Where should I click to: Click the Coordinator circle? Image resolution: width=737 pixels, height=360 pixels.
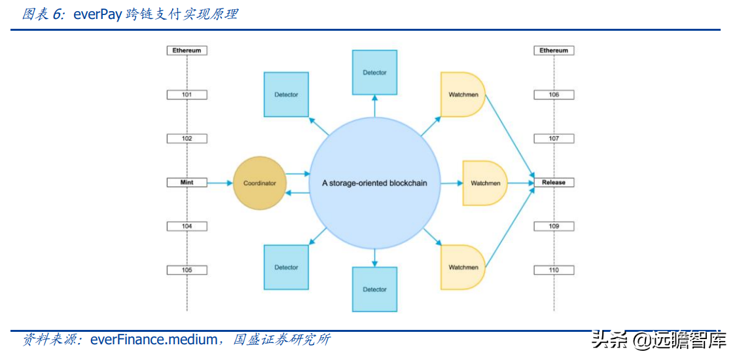[260, 183]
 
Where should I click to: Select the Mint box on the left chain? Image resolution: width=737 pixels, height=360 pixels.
[187, 183]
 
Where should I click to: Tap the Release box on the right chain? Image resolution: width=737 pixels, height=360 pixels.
[554, 183]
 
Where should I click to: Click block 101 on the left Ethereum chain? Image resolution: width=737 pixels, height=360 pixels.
[187, 95]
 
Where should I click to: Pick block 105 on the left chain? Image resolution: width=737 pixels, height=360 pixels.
[187, 270]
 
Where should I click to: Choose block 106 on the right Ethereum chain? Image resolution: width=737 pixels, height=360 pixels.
[554, 95]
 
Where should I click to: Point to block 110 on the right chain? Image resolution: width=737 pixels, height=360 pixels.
[554, 270]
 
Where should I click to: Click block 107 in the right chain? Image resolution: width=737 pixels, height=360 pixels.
[554, 139]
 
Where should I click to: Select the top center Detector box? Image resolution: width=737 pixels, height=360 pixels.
[374, 72]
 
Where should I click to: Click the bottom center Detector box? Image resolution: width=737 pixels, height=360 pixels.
[374, 289]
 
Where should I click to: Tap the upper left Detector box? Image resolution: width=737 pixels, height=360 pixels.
[286, 94]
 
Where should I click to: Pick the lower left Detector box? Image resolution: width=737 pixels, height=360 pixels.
[286, 267]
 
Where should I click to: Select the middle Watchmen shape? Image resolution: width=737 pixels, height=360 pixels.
[485, 183]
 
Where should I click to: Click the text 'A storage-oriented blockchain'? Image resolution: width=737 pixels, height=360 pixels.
[374, 183]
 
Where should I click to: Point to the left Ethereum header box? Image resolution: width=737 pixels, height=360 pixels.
[187, 50]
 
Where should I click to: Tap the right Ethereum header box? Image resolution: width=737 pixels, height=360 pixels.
[554, 50]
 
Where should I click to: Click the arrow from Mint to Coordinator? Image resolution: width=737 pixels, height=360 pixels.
[220, 183]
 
